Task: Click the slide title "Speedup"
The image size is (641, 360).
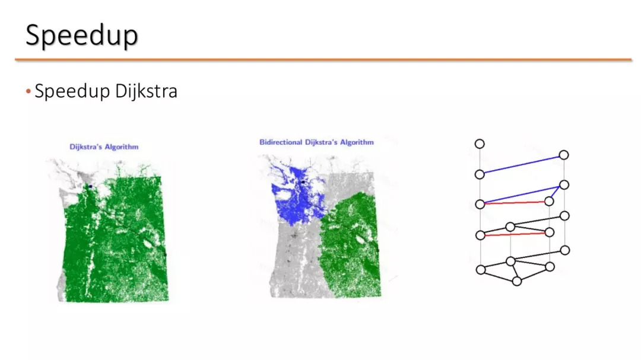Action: click(82, 36)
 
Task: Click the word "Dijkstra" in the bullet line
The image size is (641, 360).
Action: click(146, 91)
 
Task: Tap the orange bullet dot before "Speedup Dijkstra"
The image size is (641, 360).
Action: click(28, 91)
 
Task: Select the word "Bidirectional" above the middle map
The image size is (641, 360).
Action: click(280, 142)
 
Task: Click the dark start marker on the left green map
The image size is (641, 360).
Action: click(90, 186)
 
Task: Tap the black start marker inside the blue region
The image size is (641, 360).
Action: click(303, 182)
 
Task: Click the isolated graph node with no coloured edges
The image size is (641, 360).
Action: click(480, 144)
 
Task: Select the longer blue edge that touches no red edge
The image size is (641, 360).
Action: click(522, 165)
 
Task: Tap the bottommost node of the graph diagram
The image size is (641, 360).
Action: click(517, 281)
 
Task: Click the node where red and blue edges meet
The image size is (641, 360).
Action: click(480, 204)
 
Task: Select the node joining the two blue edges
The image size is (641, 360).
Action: click(564, 185)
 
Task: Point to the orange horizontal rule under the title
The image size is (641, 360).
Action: click(323, 60)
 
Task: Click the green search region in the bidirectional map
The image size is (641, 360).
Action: click(351, 245)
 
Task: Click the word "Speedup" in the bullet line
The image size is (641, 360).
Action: click(72, 91)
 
